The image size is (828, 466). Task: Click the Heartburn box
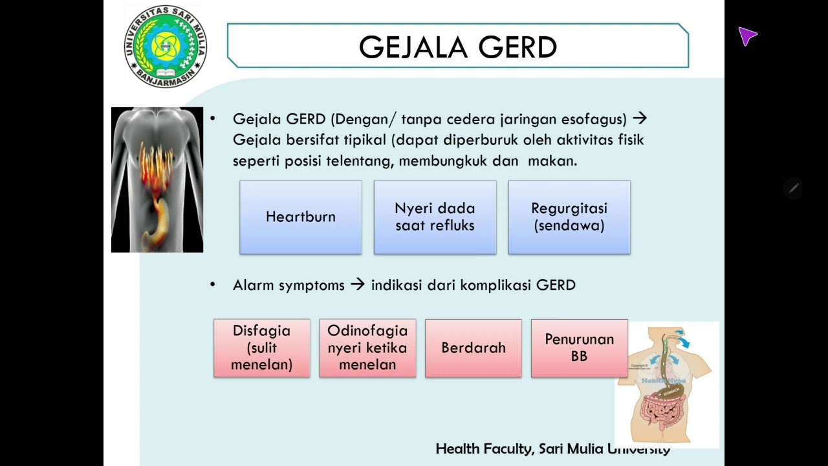pos(301,217)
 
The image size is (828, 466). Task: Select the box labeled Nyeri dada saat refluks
pos(435,217)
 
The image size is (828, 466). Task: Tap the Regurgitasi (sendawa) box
pos(569,217)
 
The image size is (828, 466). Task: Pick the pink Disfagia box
pos(261,348)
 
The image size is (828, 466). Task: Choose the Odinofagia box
pos(367,348)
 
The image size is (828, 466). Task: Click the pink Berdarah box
pos(474,348)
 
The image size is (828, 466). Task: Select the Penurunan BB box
pos(579,348)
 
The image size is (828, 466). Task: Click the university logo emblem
pos(166,47)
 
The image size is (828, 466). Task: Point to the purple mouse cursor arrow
pos(747,36)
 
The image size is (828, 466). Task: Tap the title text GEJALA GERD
pos(458,47)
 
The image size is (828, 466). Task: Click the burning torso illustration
pos(157,180)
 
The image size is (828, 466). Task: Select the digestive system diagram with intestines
pos(666,385)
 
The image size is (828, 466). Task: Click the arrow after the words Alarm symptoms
pos(358,285)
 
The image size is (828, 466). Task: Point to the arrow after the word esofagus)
pos(639,119)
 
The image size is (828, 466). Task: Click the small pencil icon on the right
pos(794,188)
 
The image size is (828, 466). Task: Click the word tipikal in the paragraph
pos(365,140)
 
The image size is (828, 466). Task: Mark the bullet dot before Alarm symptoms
pos(213,284)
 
